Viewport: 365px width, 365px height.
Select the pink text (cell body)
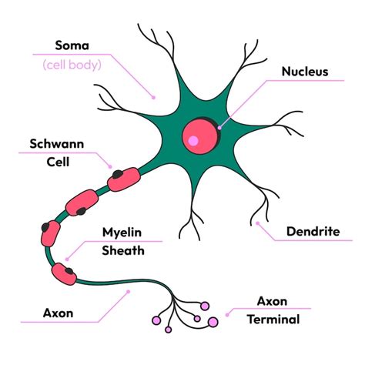pyautogui.click(x=74, y=65)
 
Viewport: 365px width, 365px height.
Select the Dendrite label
pyautogui.click(x=313, y=230)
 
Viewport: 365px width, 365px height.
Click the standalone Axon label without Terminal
pyautogui.click(x=38, y=313)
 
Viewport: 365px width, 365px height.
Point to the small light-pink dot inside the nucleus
pyautogui.click(x=193, y=141)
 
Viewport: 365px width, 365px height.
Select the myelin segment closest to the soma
pyautogui.click(x=124, y=179)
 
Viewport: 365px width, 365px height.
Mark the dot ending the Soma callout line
pyautogui.click(x=153, y=97)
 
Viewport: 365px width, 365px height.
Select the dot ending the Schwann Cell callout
pyautogui.click(x=112, y=166)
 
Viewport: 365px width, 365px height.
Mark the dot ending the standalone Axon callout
pyautogui.click(x=129, y=292)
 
